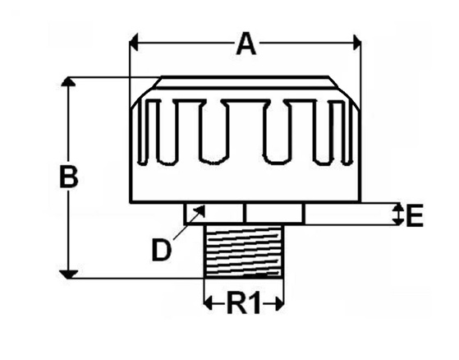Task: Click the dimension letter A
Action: (246, 45)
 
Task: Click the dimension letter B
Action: (69, 177)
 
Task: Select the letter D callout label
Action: (161, 250)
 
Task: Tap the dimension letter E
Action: (415, 216)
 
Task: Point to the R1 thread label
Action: (244, 303)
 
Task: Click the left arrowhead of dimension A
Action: (134, 43)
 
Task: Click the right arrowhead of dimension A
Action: (357, 43)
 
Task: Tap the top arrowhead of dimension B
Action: (68, 81)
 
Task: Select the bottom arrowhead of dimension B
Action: (68, 275)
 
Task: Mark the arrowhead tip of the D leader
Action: (204, 205)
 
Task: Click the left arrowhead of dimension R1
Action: (208, 303)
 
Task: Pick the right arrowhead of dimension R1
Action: (279, 303)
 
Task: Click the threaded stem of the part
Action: (244, 251)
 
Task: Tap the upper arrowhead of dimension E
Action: (397, 207)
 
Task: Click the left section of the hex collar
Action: (214, 214)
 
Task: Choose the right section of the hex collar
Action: (275, 214)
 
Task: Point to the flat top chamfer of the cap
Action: (246, 82)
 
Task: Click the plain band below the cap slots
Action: (246, 183)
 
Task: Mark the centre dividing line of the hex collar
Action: (245, 214)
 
